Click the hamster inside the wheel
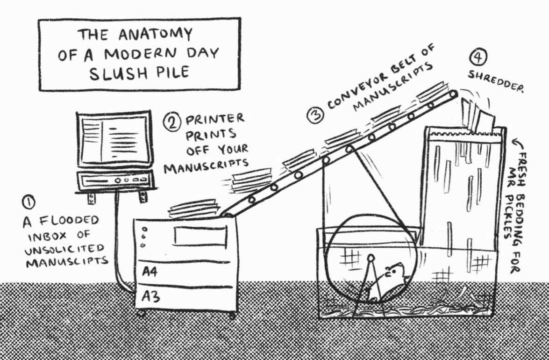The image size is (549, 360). (389, 283)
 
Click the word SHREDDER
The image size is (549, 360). (496, 82)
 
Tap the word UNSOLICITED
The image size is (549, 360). (64, 248)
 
